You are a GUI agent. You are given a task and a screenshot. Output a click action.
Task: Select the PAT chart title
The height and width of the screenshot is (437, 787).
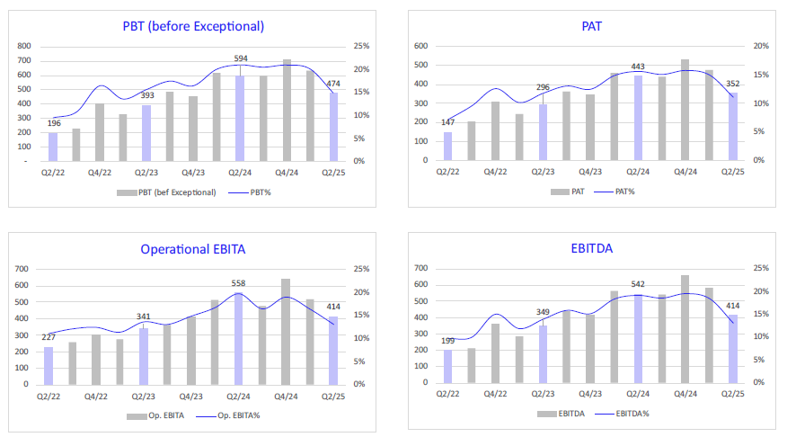tap(592, 26)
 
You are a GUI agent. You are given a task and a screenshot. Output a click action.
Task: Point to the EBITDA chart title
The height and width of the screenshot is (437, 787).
tap(592, 249)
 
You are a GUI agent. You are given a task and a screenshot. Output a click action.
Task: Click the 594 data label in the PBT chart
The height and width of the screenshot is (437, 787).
tap(240, 58)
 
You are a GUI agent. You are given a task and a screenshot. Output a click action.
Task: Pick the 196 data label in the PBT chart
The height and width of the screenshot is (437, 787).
tap(53, 123)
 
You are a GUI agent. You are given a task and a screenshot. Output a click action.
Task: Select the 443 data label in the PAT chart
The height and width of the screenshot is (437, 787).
tap(638, 66)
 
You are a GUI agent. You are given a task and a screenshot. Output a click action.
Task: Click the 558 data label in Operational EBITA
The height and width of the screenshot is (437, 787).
tap(240, 283)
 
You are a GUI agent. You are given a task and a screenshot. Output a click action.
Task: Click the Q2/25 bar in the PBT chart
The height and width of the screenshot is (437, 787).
tap(334, 127)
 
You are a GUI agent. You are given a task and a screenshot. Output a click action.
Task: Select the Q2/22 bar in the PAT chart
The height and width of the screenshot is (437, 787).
tap(447, 147)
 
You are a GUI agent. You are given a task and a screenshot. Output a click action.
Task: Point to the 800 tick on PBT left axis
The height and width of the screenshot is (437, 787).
tap(24, 47)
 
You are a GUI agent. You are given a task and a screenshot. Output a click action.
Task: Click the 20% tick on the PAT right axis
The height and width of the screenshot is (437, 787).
tap(761, 47)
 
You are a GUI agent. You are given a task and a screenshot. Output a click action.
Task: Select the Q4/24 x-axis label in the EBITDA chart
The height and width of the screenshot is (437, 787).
tap(685, 394)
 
